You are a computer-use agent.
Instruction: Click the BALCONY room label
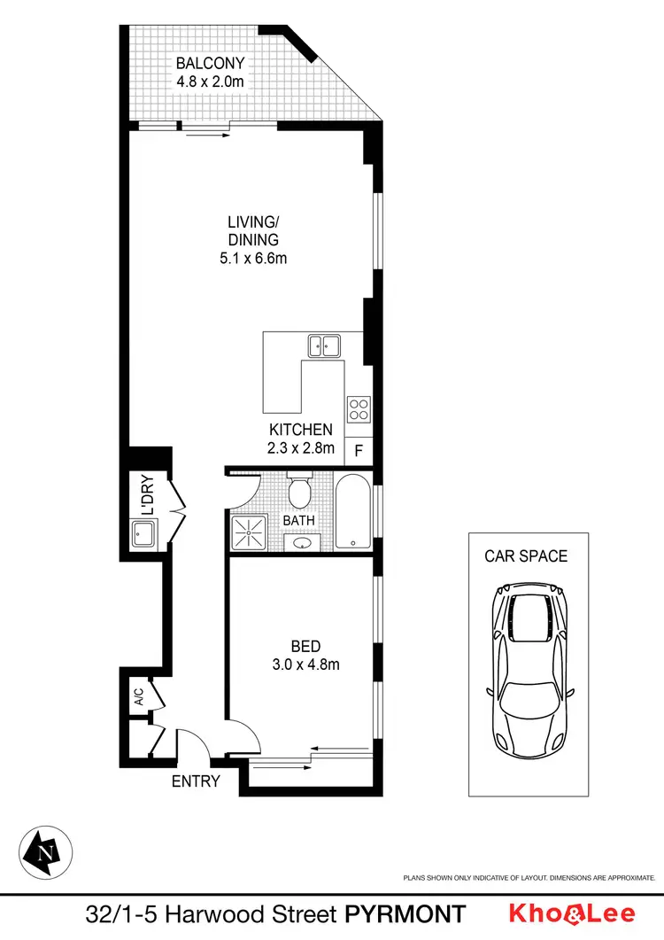(209, 64)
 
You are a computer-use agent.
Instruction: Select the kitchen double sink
(324, 345)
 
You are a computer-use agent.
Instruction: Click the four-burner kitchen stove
(359, 408)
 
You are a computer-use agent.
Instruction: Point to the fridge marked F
(359, 450)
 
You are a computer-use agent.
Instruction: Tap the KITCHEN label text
(301, 431)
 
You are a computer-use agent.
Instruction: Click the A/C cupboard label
(139, 697)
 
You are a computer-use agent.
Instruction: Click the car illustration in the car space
(529, 664)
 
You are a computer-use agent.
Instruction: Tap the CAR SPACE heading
(526, 556)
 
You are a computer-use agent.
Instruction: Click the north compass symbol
(45, 853)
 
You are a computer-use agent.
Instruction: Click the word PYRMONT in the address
(405, 914)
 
